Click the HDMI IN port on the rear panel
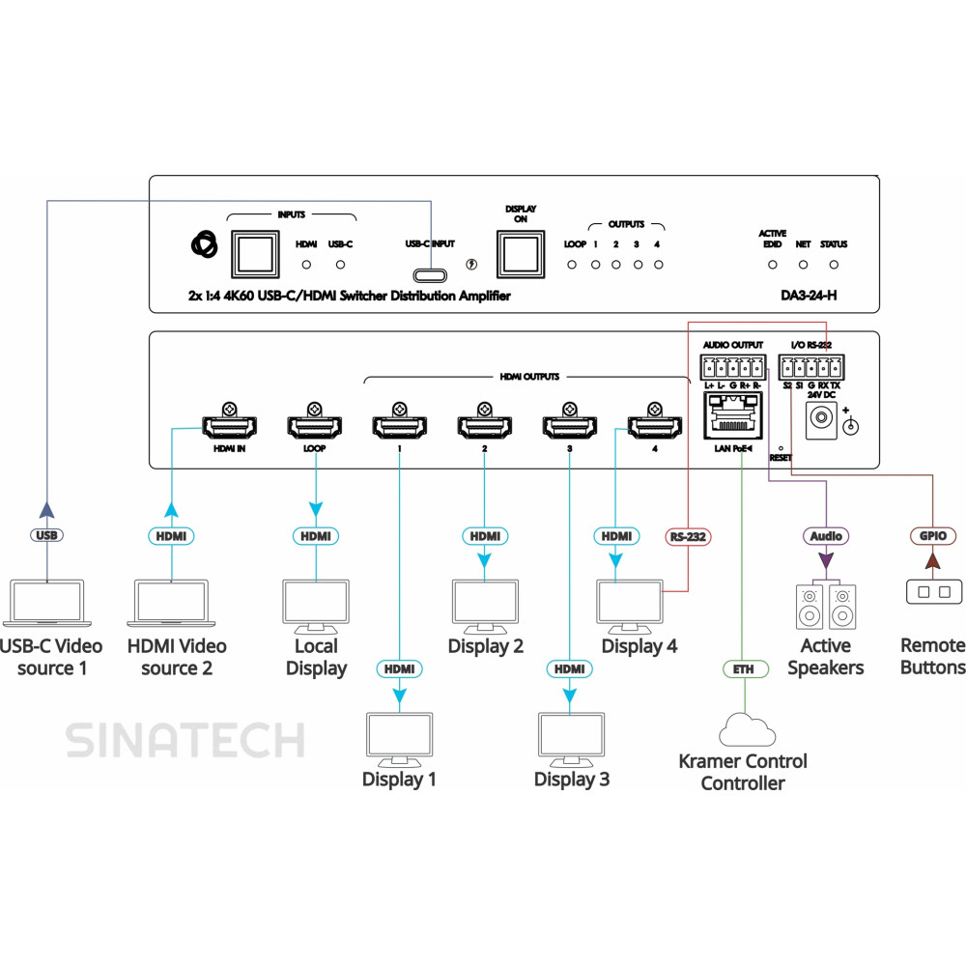(x=228, y=426)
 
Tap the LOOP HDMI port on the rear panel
(x=313, y=426)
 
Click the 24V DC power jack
(x=820, y=417)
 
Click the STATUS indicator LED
(x=833, y=264)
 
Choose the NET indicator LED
(x=802, y=264)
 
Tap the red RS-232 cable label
(x=689, y=536)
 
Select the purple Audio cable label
(x=825, y=536)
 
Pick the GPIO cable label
(x=933, y=536)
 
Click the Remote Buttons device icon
(x=933, y=591)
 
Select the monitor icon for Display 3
(x=569, y=739)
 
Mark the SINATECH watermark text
(x=185, y=741)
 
